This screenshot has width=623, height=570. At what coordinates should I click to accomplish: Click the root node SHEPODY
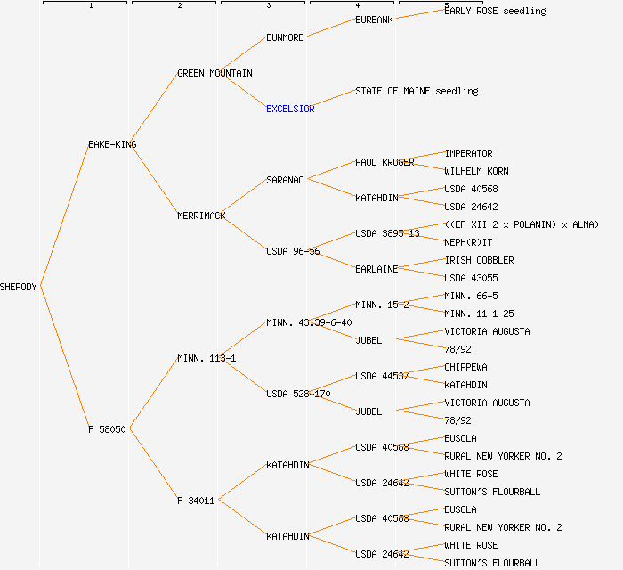[x=19, y=287]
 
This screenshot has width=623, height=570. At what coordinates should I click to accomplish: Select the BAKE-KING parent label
[x=112, y=144]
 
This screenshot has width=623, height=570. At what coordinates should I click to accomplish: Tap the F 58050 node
[x=107, y=429]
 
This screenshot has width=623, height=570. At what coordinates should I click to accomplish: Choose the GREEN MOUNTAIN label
[x=214, y=73]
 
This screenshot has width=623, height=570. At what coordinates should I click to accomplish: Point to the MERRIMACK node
[x=201, y=216]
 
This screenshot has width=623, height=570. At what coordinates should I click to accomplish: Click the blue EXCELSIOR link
[x=290, y=109]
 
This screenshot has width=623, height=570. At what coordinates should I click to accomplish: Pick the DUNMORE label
[x=285, y=37]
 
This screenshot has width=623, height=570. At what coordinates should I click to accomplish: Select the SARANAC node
[x=285, y=180]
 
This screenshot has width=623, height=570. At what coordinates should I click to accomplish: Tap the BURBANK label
[x=374, y=20]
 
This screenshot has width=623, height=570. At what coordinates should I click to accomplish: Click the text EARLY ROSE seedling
[x=495, y=11]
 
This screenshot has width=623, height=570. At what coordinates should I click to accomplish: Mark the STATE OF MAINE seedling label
[x=417, y=91]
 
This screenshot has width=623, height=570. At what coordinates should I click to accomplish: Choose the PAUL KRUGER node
[x=384, y=162]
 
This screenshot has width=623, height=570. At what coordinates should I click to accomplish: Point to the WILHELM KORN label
[x=477, y=171]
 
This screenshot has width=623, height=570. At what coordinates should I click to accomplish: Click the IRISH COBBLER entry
[x=480, y=260]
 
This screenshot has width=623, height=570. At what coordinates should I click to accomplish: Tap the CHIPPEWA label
[x=466, y=367]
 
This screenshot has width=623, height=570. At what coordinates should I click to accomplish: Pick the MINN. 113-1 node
[x=206, y=358]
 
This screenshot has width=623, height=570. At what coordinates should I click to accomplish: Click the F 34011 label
[x=196, y=501]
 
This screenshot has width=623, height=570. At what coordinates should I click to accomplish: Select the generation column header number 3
[x=268, y=6]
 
